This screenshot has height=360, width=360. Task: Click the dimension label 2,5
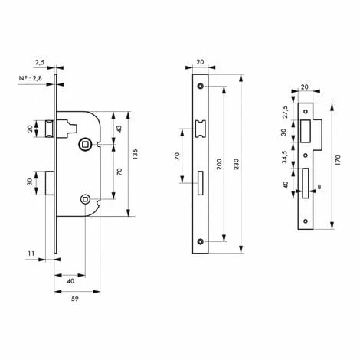pyautogui.click(x=40, y=62)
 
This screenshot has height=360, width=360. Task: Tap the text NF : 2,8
pyautogui.click(x=31, y=78)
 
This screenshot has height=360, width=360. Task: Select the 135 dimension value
pyautogui.click(x=135, y=154)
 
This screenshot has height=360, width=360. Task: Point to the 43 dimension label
pyautogui.click(x=119, y=129)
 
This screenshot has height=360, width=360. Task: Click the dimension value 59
pyautogui.click(x=75, y=299)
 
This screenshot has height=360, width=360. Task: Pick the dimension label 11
pyautogui.click(x=31, y=254)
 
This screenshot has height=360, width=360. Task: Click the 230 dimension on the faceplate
pyautogui.click(x=237, y=164)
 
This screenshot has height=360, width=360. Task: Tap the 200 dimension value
pyautogui.click(x=219, y=164)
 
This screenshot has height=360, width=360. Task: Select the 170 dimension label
pyautogui.click(x=338, y=160)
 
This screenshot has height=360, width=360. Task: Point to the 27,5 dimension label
pyautogui.click(x=285, y=112)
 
